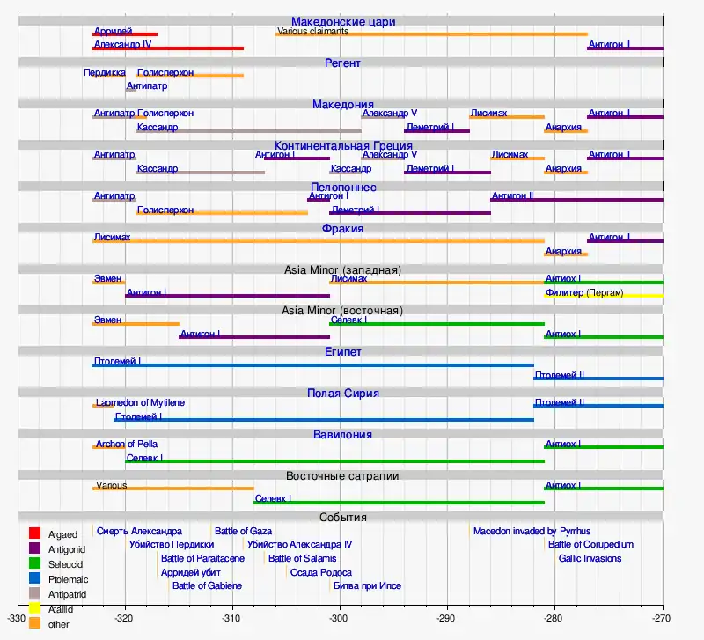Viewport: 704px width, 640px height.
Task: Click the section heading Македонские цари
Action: pyautogui.click(x=342, y=21)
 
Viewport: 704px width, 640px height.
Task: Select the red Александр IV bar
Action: pyautogui.click(x=168, y=48)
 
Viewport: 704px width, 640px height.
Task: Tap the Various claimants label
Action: pyautogui.click(x=312, y=32)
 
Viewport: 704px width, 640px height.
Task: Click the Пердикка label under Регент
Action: pyautogui.click(x=104, y=72)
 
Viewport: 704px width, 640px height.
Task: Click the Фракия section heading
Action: pyautogui.click(x=342, y=229)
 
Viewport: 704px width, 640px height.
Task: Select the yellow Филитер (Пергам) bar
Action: pyautogui.click(x=604, y=296)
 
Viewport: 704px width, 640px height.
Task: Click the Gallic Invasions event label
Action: pyautogui.click(x=590, y=558)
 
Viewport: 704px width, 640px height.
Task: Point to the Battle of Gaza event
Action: pyautogui.click(x=243, y=531)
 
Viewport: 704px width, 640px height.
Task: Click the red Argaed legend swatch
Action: pyautogui.click(x=35, y=533)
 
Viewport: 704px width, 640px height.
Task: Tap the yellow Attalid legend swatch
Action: pyautogui.click(x=35, y=608)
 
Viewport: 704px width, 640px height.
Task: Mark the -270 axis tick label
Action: pyautogui.click(x=662, y=617)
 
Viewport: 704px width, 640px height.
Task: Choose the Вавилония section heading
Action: pyautogui.click(x=342, y=435)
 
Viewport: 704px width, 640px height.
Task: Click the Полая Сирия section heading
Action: pyautogui.click(x=342, y=394)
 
